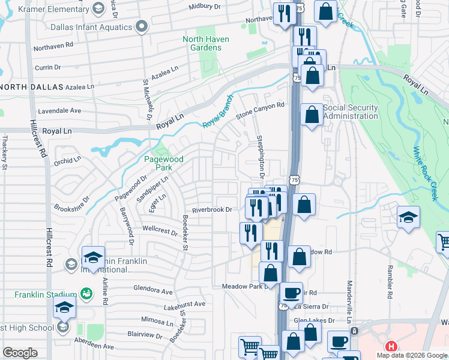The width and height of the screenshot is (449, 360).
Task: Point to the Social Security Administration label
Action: tap(351, 112)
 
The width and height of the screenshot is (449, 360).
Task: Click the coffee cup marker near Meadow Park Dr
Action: tap(291, 293)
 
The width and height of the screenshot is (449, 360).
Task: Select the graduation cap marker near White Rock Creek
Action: tap(408, 217)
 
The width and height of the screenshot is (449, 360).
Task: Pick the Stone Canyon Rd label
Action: tap(259, 109)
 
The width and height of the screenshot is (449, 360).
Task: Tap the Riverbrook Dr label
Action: tap(212, 209)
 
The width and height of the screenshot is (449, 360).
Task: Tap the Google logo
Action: tap(20, 353)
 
